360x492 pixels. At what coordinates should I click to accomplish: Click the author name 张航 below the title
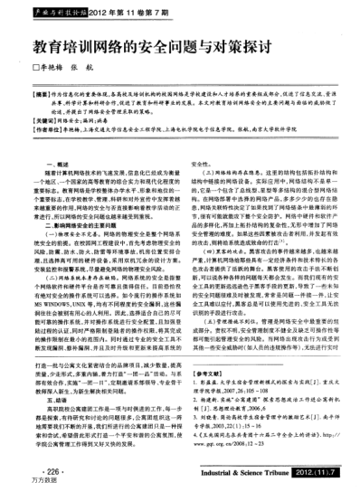[x=93, y=68]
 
